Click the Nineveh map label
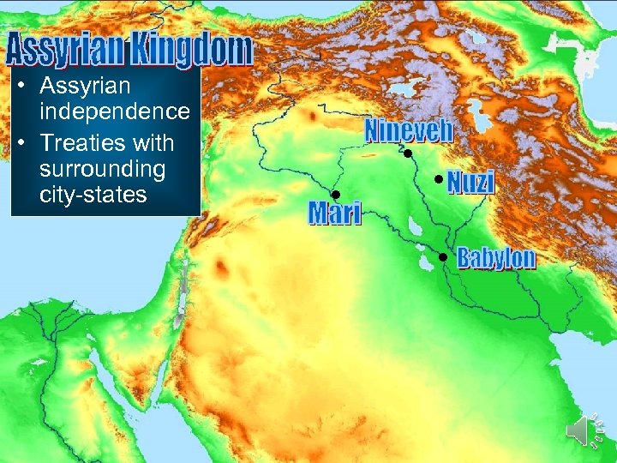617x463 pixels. (409, 131)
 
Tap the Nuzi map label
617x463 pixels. (470, 182)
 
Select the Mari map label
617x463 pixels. (335, 213)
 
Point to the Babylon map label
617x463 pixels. (496, 257)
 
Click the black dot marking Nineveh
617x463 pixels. (409, 153)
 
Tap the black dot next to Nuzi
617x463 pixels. (438, 179)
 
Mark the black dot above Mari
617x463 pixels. (336, 195)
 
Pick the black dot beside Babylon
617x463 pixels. (443, 257)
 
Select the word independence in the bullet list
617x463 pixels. (114, 111)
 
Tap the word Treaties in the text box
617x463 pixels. (81, 141)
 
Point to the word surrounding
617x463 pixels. (102, 168)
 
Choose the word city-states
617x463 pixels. (93, 195)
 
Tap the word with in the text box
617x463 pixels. (151, 141)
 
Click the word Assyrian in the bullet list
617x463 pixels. (84, 86)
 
